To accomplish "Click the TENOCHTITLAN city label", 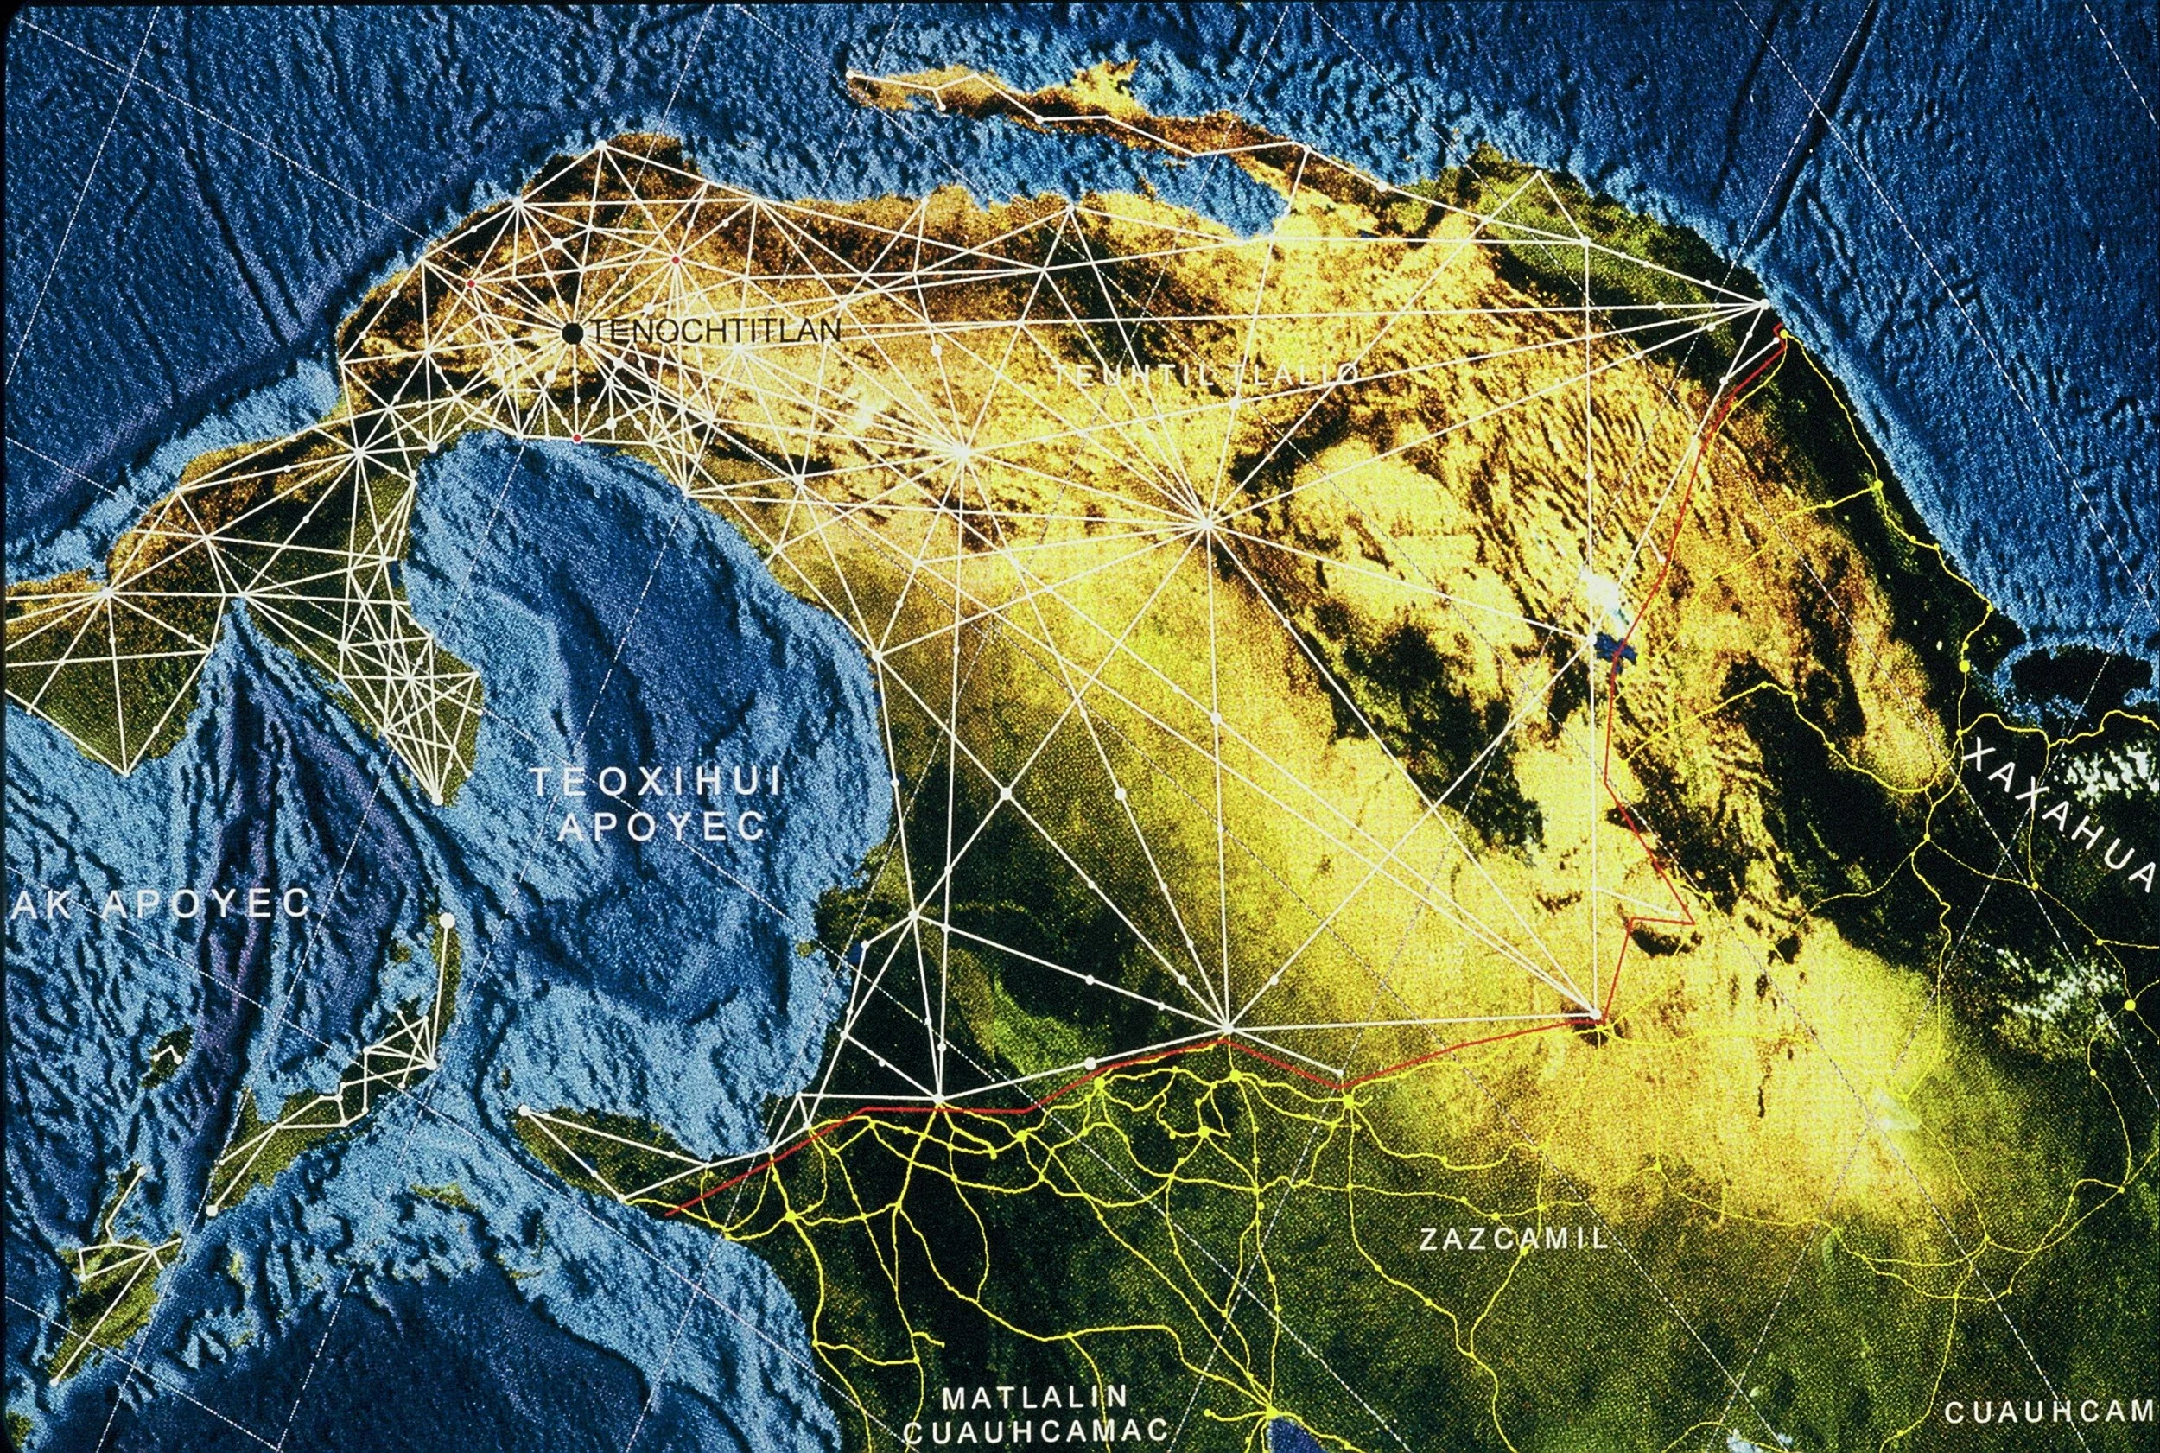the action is [715, 332].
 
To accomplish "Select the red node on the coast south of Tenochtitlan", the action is [576, 437].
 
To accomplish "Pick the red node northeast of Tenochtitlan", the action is [677, 260].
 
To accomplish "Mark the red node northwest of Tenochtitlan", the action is [471, 282].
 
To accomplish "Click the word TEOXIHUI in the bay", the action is [654, 783].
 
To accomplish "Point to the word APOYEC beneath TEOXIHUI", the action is [664, 827].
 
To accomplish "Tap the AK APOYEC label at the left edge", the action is [162, 905].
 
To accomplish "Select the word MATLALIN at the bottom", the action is [1035, 1397].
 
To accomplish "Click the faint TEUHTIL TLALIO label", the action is [1204, 374].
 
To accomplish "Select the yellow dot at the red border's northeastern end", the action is [1782, 335].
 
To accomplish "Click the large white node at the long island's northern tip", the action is [448, 920].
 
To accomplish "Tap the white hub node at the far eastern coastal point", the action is [1764, 304].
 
